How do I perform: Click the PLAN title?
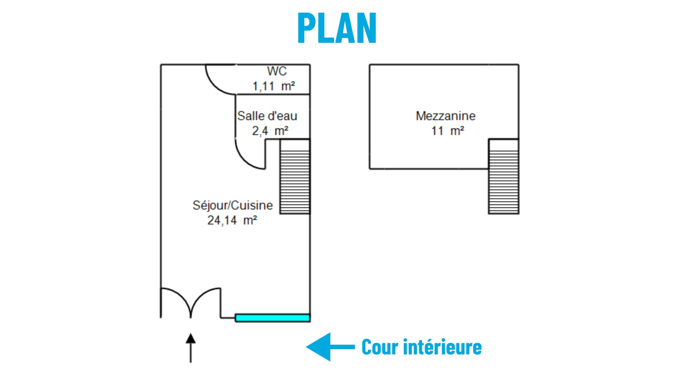tap(337, 28)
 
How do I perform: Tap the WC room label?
tap(277, 71)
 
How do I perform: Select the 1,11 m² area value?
tap(274, 86)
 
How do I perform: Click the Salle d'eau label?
tap(267, 116)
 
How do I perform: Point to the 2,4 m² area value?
tap(270, 131)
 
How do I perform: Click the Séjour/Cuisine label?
tap(232, 205)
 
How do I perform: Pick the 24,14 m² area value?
tap(232, 220)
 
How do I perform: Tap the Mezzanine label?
tap(445, 116)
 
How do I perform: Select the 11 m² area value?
tap(448, 131)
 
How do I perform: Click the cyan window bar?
tap(272, 318)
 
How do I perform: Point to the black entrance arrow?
tap(191, 347)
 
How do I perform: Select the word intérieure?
tap(442, 347)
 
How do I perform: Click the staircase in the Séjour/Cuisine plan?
tap(295, 177)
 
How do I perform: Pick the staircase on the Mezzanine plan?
tap(503, 177)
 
